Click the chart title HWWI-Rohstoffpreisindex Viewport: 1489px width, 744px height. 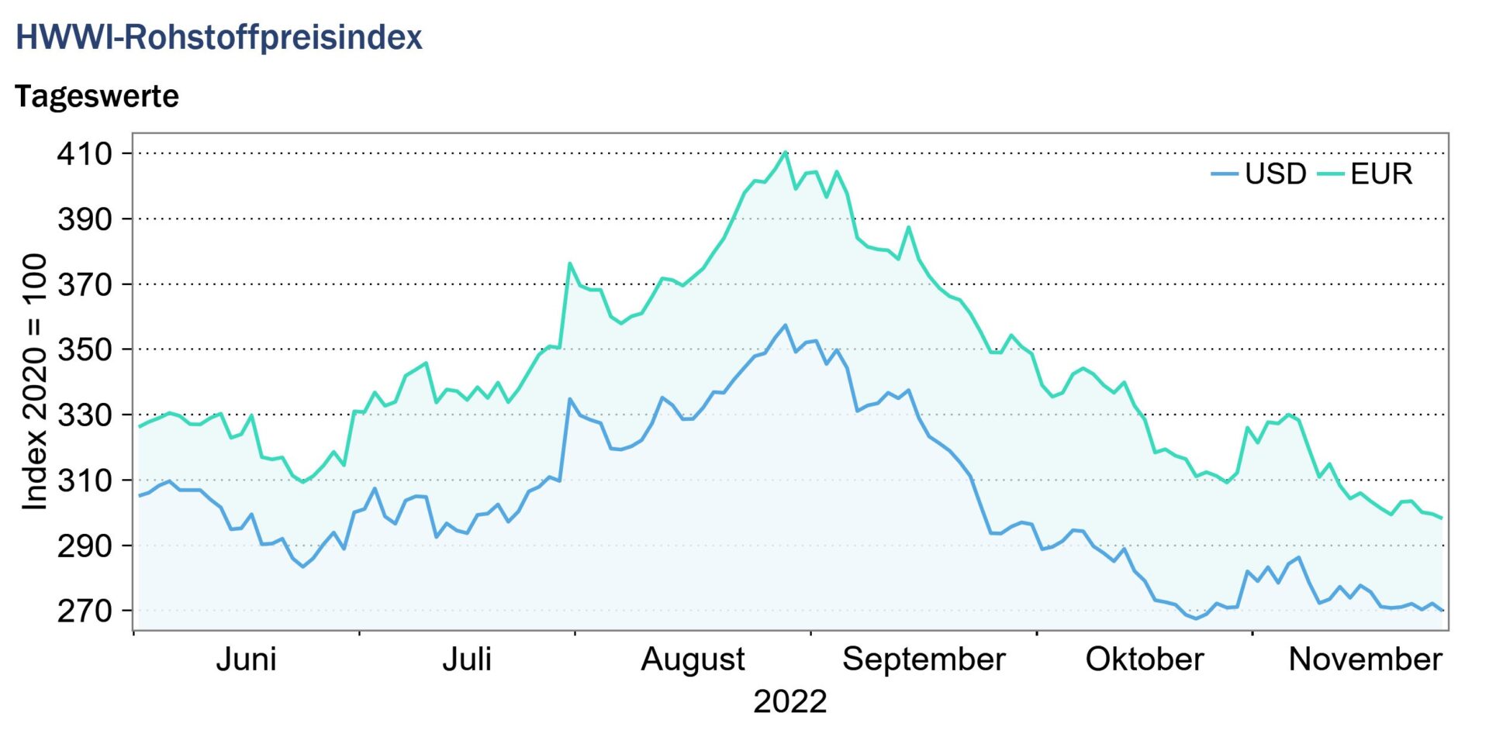(219, 37)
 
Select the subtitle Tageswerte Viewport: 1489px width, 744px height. (97, 96)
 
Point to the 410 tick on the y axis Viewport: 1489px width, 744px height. (85, 153)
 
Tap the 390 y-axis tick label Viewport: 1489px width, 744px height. (85, 219)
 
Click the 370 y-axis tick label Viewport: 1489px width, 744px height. (85, 284)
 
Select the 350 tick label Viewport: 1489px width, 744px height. (85, 350)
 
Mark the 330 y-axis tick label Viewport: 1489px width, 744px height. (85, 415)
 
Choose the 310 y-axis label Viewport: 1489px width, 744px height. (85, 480)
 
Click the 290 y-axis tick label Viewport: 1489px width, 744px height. (85, 546)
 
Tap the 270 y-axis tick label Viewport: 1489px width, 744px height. (85, 611)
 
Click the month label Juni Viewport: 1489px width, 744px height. (246, 660)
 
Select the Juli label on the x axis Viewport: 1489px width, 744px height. (467, 660)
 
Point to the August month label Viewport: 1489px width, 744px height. (693, 660)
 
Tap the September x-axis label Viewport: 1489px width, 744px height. (924, 660)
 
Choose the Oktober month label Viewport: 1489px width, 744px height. (1144, 660)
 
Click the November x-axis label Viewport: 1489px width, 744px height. (1365, 660)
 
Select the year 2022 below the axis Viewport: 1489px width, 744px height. (790, 701)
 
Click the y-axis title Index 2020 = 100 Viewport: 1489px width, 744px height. (35, 381)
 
